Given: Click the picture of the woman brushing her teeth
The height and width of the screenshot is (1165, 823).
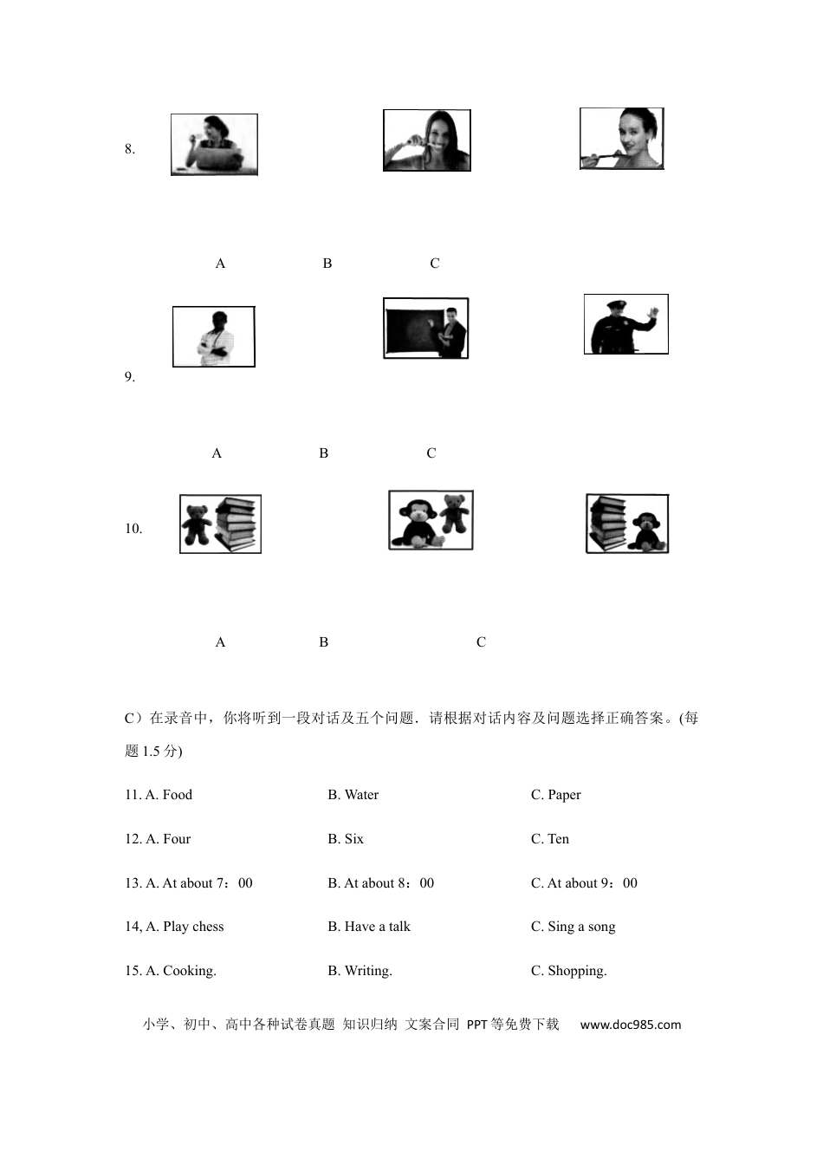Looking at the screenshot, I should click(x=427, y=140).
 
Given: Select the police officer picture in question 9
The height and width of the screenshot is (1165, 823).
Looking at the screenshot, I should click(x=625, y=324).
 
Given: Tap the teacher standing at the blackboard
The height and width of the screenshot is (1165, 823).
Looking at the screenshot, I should click(x=425, y=329).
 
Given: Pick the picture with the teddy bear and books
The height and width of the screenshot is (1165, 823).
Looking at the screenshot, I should click(x=220, y=524).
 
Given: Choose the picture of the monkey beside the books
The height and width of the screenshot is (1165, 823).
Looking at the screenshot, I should click(x=627, y=524).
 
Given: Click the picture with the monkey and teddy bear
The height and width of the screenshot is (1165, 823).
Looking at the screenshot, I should click(x=431, y=520).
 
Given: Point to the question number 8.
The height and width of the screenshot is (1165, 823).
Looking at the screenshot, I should click(x=130, y=149).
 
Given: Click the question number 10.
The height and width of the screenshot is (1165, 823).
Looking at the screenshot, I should click(x=133, y=529).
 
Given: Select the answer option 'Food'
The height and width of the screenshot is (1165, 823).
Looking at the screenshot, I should click(x=177, y=795).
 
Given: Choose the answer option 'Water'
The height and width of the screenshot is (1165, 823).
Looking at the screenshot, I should click(x=361, y=795).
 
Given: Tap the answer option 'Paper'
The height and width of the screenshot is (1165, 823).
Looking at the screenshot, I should click(x=564, y=795).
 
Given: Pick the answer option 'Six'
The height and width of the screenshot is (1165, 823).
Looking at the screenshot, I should click(x=353, y=839).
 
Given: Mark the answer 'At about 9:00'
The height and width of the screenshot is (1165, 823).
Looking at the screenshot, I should click(x=592, y=883).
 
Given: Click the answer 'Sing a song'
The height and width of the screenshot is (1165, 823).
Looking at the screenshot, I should click(x=581, y=927).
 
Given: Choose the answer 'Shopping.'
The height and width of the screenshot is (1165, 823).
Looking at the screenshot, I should click(x=577, y=971).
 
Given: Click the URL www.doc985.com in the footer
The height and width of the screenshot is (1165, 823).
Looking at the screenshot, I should click(x=631, y=1025).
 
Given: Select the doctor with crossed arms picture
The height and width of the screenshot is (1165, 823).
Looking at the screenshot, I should click(x=214, y=336).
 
